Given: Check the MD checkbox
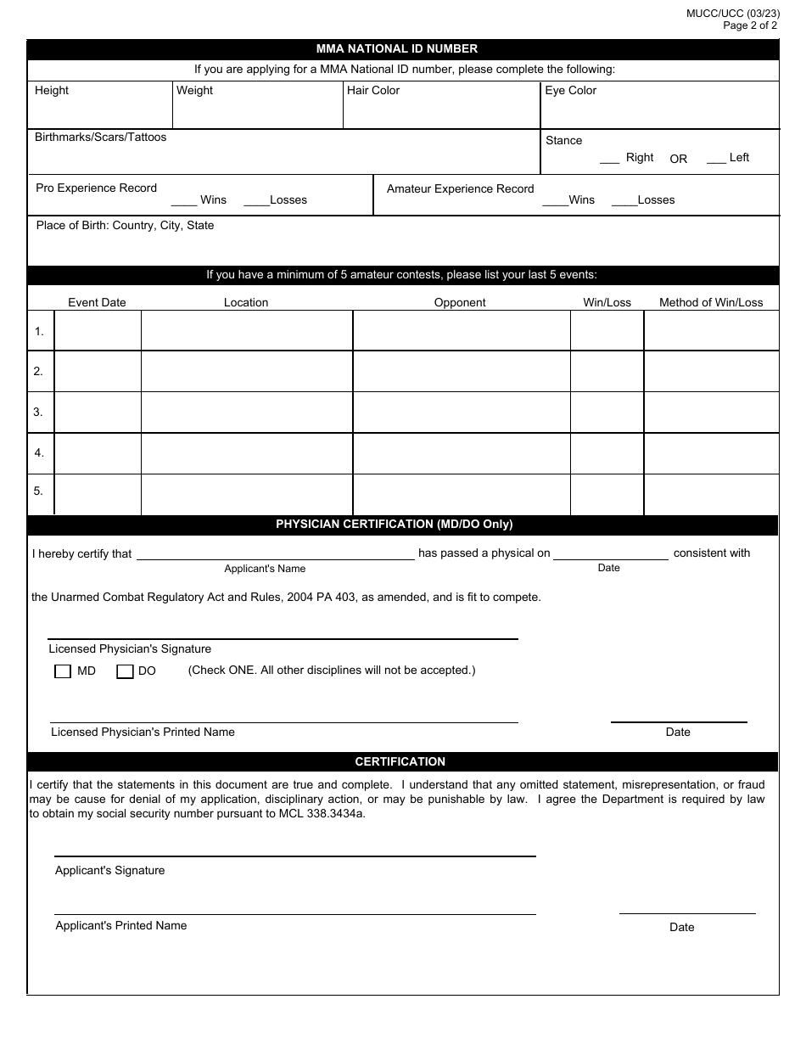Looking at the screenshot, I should click(x=63, y=671).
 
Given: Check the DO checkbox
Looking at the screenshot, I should click(x=125, y=671).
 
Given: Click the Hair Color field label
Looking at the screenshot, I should click(x=373, y=91).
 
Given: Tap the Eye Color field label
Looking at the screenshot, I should click(x=571, y=91).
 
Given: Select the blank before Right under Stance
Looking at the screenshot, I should click(x=609, y=159).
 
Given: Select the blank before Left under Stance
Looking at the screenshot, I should click(x=716, y=159).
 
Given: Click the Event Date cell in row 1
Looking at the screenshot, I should click(x=98, y=330).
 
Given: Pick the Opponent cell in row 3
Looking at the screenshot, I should click(x=461, y=412).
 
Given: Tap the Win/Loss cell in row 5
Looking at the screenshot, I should click(x=607, y=494).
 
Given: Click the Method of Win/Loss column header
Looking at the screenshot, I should click(x=711, y=302).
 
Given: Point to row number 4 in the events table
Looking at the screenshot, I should click(x=39, y=453).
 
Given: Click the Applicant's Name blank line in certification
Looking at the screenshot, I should click(x=275, y=554).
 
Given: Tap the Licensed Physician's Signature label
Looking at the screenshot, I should click(x=130, y=649).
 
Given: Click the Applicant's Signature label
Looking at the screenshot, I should click(x=110, y=871).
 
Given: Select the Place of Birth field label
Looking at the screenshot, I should click(x=125, y=226).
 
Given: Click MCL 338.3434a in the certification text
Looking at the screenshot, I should click(x=322, y=814).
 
